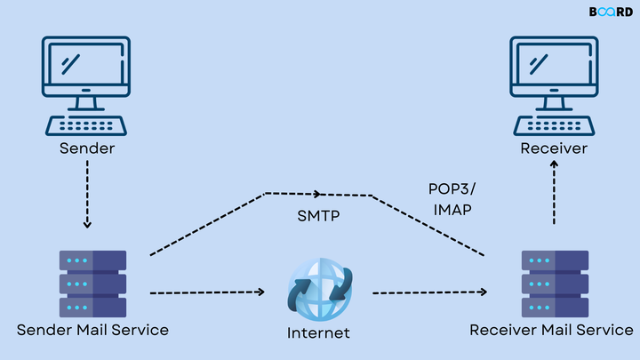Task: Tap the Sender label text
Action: coord(86,148)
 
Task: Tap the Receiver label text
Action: coord(554,148)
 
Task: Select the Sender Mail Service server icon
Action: coord(92,283)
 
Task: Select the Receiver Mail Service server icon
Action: coord(554,283)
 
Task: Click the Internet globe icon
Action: coord(319,290)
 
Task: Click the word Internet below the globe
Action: coord(319,333)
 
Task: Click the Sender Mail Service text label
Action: coord(92,331)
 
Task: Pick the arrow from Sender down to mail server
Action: coord(86,196)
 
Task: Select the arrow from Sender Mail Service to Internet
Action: coord(208,292)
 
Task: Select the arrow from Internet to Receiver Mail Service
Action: coord(430,292)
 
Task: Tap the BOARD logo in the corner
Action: coord(609,12)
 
